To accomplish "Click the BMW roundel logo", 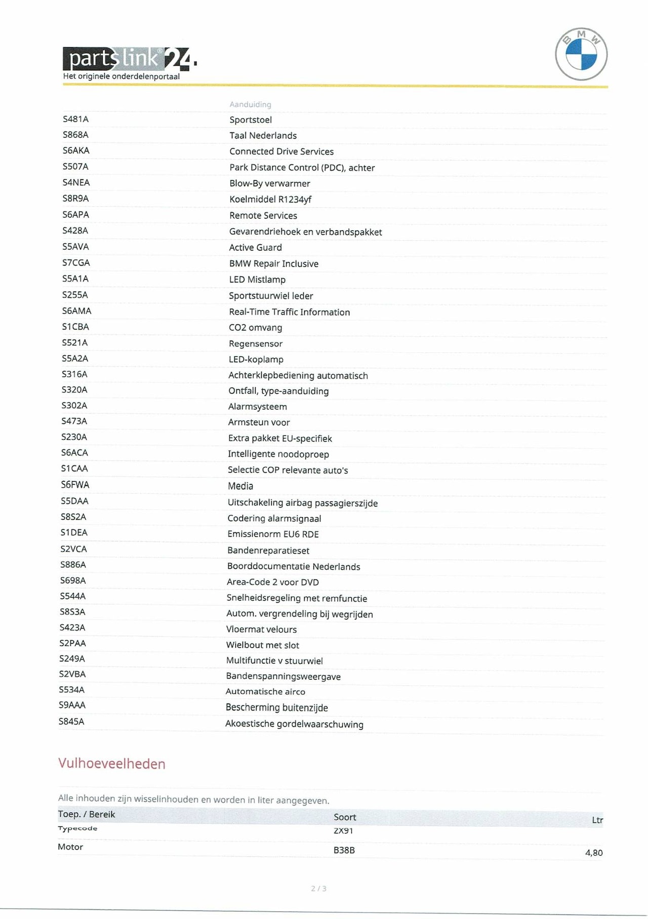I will click(x=581, y=54).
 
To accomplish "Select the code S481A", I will click(x=75, y=119).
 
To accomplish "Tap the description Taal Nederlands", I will click(x=263, y=136).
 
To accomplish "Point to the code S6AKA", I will click(x=76, y=150).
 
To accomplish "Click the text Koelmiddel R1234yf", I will click(x=270, y=199).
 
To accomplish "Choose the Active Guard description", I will click(x=255, y=247).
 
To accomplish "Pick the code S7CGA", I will click(x=76, y=263).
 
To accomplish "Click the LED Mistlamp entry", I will click(x=257, y=279).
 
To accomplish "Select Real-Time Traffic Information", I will click(x=289, y=312).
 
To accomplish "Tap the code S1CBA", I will click(x=75, y=327).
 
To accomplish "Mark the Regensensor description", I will click(x=255, y=344).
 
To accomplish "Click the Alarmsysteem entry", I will click(x=257, y=406).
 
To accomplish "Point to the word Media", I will click(x=240, y=486).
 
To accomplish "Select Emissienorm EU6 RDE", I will click(x=273, y=534).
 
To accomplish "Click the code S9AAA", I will click(x=72, y=705).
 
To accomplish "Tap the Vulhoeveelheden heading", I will click(x=112, y=764).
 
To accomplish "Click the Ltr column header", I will click(x=597, y=820).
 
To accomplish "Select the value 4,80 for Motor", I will click(x=594, y=853).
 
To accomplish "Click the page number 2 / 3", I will click(x=318, y=888).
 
